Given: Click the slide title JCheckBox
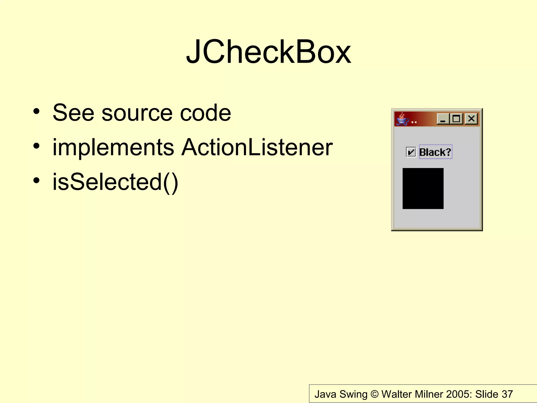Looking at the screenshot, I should pos(268,52).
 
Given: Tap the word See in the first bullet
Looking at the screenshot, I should pos(73,113).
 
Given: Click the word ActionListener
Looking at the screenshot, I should pos(257,147).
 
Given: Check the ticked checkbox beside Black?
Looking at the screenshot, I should pos(411,152).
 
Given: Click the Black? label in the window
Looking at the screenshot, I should pos(435,152).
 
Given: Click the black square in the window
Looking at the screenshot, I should pos(423,188).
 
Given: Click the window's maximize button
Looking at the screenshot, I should pos(457,119).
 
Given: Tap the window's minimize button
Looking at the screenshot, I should pos(443,119).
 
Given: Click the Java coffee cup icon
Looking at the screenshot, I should pos(402,119).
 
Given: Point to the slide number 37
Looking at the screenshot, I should pos(507,394).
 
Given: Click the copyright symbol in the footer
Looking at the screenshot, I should pos(375,394).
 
